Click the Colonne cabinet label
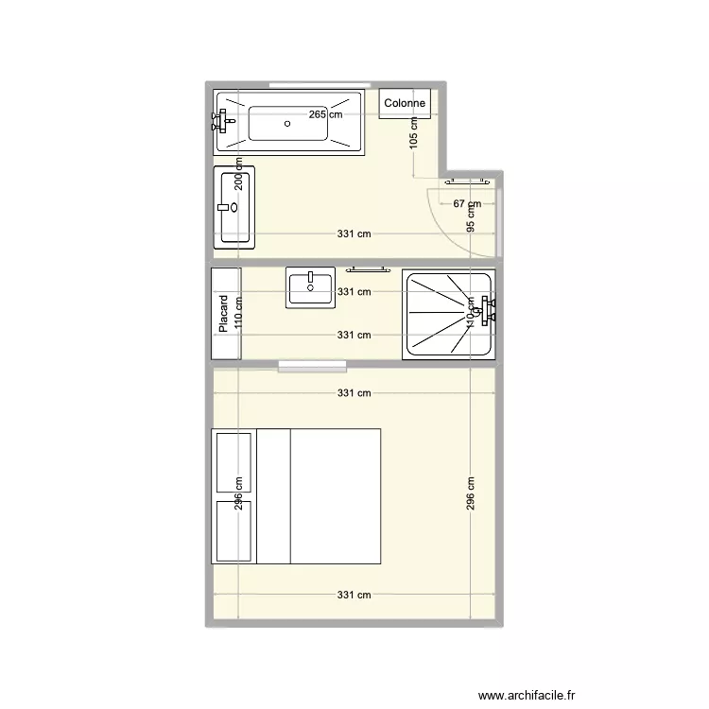tap(406, 104)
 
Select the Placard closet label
tap(224, 314)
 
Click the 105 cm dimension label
tap(413, 136)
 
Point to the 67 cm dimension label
tap(467, 204)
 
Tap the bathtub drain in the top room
tap(287, 123)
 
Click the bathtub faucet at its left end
tap(223, 120)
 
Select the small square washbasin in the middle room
tap(310, 287)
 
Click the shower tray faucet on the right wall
tap(488, 310)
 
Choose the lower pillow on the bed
tap(233, 529)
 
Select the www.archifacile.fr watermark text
tap(527, 695)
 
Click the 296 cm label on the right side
tap(471, 493)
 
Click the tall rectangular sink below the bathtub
tap(234, 208)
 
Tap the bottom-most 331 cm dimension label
tap(354, 596)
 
